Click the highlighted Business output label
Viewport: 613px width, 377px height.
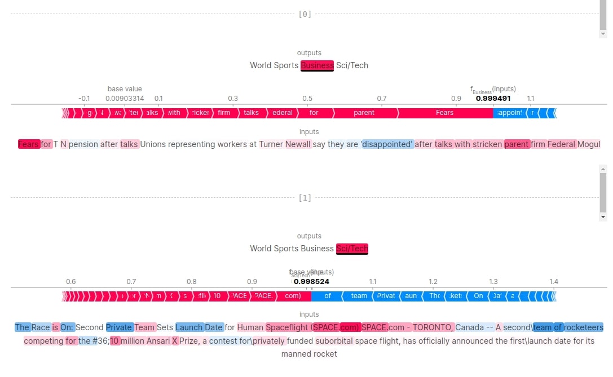[x=317, y=65]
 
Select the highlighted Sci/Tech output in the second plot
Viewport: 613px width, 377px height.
[x=352, y=249]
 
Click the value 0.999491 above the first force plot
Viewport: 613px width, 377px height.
[x=493, y=98]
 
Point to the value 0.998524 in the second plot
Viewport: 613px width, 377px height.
[x=311, y=281]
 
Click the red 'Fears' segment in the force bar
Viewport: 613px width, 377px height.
[x=444, y=113]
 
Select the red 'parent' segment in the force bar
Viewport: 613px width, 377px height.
[x=364, y=113]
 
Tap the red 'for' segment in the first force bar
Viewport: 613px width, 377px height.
[x=314, y=113]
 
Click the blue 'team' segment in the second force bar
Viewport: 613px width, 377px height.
[x=359, y=296]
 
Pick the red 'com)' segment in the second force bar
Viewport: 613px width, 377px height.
[x=293, y=296]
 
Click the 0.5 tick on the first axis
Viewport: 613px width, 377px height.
[x=307, y=99]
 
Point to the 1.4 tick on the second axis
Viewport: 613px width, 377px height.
[x=554, y=282]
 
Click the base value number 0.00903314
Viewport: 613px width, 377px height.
[x=125, y=99]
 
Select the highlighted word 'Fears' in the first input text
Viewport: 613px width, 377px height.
[x=29, y=144]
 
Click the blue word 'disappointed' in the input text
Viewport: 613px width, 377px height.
[x=387, y=144]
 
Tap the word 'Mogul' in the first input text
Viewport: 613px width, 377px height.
[x=589, y=144]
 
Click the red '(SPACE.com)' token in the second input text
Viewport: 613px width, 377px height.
[x=336, y=327]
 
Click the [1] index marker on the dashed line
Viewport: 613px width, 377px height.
[x=305, y=198]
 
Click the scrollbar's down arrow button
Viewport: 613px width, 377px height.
[x=603, y=217]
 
